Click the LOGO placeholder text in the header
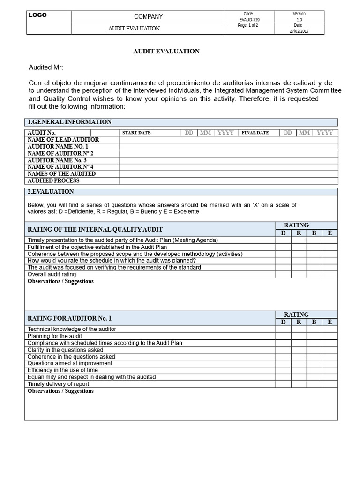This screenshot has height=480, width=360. (38, 15)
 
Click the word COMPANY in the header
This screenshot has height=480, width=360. (149, 16)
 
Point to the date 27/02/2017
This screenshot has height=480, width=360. (299, 31)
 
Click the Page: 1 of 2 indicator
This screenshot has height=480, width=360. (248, 25)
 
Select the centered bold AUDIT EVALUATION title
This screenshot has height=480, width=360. (167, 52)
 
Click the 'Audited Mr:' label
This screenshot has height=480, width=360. (45, 67)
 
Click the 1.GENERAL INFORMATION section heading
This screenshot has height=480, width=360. (69, 122)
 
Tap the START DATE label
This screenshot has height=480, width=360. (136, 133)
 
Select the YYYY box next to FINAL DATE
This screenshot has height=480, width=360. (325, 133)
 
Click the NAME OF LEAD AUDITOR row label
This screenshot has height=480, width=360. (63, 140)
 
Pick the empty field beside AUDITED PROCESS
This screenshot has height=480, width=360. (228, 180)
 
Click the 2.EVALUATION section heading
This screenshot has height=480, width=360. (51, 192)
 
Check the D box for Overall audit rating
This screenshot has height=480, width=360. (283, 274)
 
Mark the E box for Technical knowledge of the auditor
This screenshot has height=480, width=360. (330, 329)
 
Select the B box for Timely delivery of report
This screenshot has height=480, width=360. (314, 384)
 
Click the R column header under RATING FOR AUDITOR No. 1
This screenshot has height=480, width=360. (299, 322)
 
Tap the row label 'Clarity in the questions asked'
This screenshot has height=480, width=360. (65, 350)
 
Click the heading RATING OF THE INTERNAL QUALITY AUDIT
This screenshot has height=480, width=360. (95, 229)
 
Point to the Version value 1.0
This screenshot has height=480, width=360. (299, 20)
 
